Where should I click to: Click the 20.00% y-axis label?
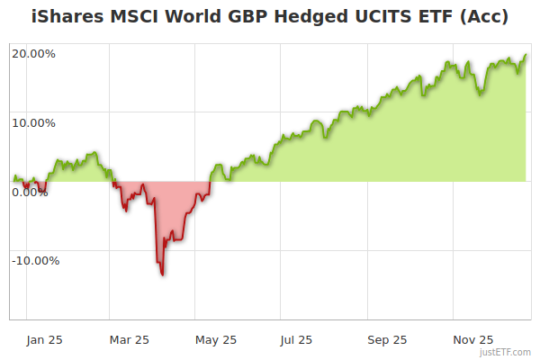33,53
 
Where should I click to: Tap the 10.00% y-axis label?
33,122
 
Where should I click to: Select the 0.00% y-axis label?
30,192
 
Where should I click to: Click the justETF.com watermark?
506,352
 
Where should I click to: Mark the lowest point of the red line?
162,274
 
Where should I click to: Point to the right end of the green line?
526,56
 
